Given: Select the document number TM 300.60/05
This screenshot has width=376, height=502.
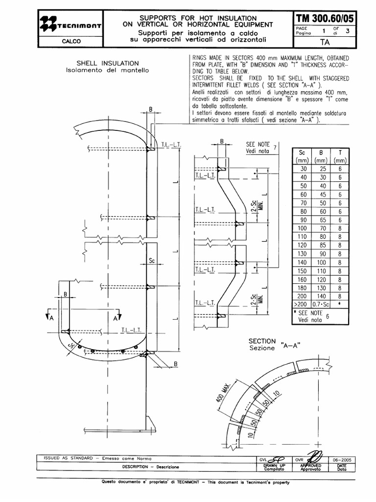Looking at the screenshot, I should click(325, 19).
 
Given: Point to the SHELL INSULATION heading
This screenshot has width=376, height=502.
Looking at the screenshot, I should click(108, 63).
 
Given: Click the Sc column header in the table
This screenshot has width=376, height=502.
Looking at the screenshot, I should click(302, 152).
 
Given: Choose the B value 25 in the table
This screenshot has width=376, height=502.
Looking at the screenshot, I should click(322, 168).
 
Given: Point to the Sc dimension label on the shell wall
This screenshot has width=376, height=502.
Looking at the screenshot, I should click(152, 261).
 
